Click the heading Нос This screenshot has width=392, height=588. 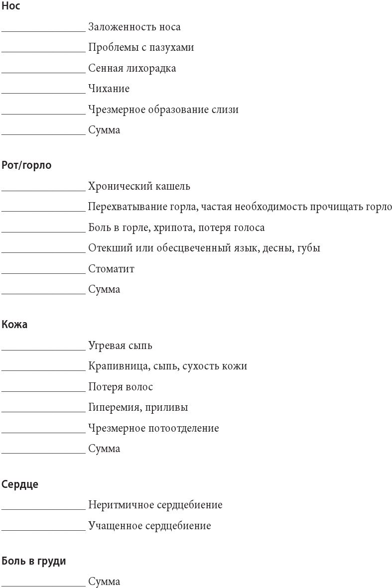click(x=11, y=6)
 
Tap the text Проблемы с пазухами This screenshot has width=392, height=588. click(x=141, y=48)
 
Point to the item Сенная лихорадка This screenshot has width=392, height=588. click(x=132, y=68)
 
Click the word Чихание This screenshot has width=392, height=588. click(x=109, y=89)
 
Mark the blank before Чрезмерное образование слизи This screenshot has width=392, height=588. click(x=43, y=113)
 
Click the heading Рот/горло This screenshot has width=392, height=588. click(x=26, y=165)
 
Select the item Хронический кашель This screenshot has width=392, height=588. click(x=139, y=187)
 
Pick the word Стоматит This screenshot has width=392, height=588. click(x=111, y=269)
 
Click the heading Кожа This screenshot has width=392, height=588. click(x=14, y=325)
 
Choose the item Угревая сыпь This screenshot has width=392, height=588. click(x=120, y=346)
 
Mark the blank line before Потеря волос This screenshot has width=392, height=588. click(x=43, y=391)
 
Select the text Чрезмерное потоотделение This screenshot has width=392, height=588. click(x=153, y=428)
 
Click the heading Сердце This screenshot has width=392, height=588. click(x=20, y=484)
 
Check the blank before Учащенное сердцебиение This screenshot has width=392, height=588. click(x=43, y=530)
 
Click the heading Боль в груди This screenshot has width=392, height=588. click(x=34, y=561)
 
